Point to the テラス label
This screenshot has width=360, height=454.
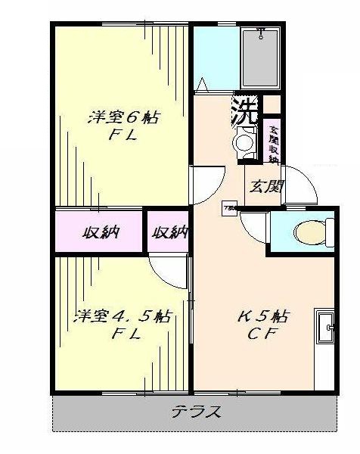[195, 412]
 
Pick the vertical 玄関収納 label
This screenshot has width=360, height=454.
[273, 143]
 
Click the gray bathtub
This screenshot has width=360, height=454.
[260, 58]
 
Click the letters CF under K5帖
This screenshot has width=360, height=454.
[262, 336]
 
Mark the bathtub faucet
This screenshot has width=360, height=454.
[262, 33]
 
